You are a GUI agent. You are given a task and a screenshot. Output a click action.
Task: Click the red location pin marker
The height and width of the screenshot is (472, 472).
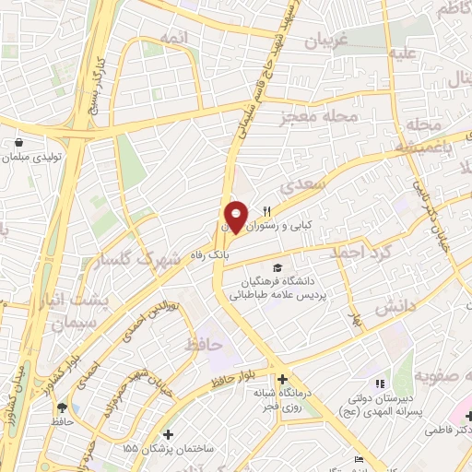236,216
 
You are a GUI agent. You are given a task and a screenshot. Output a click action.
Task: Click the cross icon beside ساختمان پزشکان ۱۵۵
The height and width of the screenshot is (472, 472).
167,433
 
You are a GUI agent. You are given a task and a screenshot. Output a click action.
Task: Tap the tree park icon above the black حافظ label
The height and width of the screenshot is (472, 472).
62,407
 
